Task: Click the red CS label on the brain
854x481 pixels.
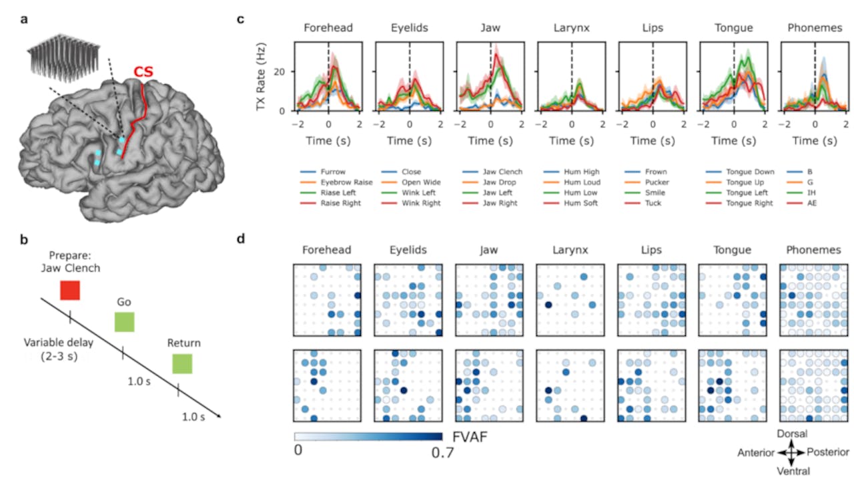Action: (x=142, y=71)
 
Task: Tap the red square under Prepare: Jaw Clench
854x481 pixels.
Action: (x=69, y=290)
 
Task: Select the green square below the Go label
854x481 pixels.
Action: (x=123, y=322)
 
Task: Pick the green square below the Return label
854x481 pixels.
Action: (x=181, y=363)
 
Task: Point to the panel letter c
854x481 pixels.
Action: (x=242, y=19)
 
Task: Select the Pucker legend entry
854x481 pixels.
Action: (x=661, y=182)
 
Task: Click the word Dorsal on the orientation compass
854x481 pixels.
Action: (x=792, y=434)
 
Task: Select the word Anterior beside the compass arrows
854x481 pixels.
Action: (x=756, y=453)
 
